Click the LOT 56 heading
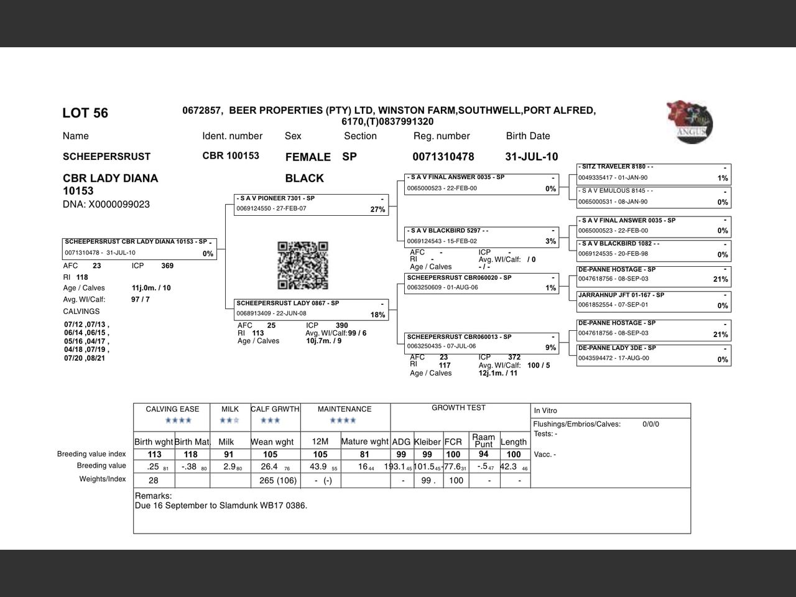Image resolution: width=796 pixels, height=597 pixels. tap(85, 113)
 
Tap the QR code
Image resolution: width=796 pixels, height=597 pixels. tap(303, 266)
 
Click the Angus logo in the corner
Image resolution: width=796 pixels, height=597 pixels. tap(690, 122)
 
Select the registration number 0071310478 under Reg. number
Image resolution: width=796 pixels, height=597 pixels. tap(443, 157)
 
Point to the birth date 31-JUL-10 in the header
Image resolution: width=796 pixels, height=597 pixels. tap(531, 157)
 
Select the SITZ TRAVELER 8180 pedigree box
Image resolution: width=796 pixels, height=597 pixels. tap(653, 173)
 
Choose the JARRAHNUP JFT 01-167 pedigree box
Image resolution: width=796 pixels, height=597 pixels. tap(653, 300)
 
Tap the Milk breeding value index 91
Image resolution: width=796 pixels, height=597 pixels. tap(229, 455)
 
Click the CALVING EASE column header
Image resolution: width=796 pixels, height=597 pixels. tap(172, 409)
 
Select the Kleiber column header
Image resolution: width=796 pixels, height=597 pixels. tap(427, 442)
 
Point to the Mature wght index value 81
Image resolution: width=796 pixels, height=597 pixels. tap(364, 455)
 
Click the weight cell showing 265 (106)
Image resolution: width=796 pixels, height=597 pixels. tap(274, 481)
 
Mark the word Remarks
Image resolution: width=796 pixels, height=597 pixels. tap(153, 496)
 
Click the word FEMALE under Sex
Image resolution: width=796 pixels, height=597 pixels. tap(308, 157)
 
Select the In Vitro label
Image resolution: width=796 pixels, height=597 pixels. tap(545, 410)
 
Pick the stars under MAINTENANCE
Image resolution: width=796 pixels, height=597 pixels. tap(343, 421)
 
